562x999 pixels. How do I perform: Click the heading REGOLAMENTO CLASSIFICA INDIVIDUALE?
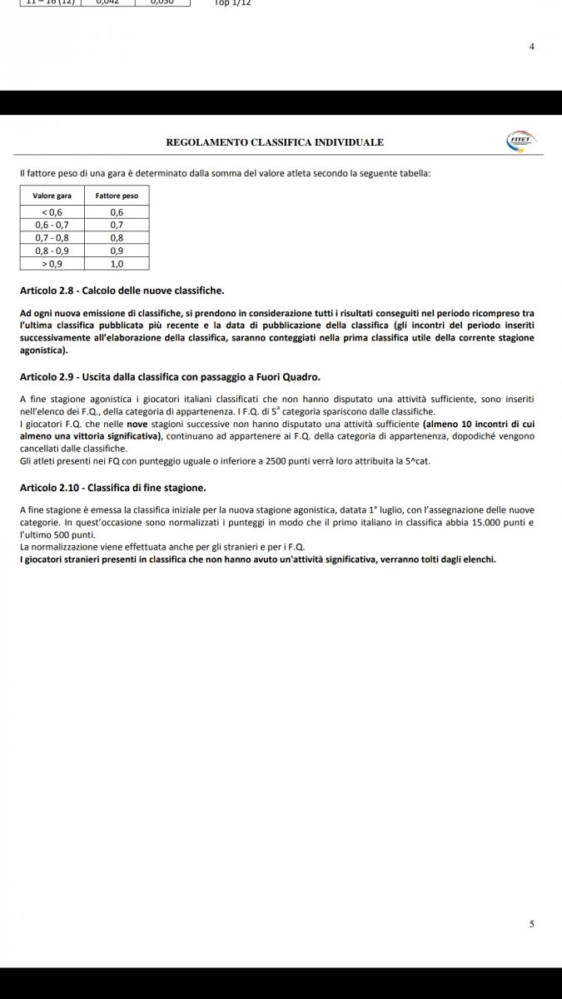275,142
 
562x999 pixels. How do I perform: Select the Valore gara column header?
52,195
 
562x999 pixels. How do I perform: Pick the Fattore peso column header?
117,195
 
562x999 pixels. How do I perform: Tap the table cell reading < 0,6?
52,211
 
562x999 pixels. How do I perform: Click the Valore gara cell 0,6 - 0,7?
52,225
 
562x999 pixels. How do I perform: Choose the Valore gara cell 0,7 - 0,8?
52,237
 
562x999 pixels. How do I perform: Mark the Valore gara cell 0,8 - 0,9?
52,250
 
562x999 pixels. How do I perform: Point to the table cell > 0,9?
52,263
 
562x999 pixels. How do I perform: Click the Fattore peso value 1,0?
117,263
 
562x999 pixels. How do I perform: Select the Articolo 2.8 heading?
122,291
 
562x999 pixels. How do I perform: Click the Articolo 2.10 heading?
112,487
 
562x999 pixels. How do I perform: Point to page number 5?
532,924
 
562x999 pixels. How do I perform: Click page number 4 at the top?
532,47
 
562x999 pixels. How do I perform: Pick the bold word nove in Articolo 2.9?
137,425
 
